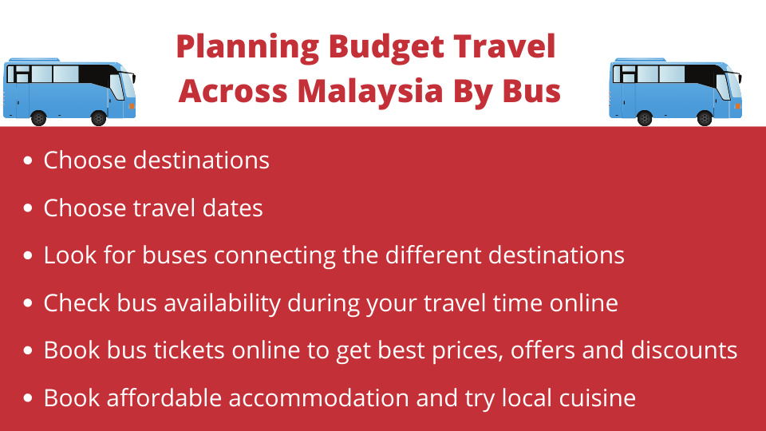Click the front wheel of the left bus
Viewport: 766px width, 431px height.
pyautogui.click(x=99, y=118)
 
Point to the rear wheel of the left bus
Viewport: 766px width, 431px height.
pyautogui.click(x=38, y=118)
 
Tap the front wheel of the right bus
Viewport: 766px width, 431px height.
pyautogui.click(x=705, y=118)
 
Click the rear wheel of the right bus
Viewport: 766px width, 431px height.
pyautogui.click(x=645, y=118)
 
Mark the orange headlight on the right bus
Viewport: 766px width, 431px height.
pyautogui.click(x=737, y=105)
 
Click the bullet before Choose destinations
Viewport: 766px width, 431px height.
pyautogui.click(x=28, y=160)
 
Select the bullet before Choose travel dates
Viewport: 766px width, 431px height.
pyautogui.click(x=28, y=208)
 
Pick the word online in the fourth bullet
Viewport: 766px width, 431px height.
pyautogui.click(x=584, y=303)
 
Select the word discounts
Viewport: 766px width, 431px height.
pyautogui.click(x=684, y=350)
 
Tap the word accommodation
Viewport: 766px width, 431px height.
pyautogui.click(x=319, y=397)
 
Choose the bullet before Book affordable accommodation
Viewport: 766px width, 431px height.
pyautogui.click(x=28, y=397)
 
